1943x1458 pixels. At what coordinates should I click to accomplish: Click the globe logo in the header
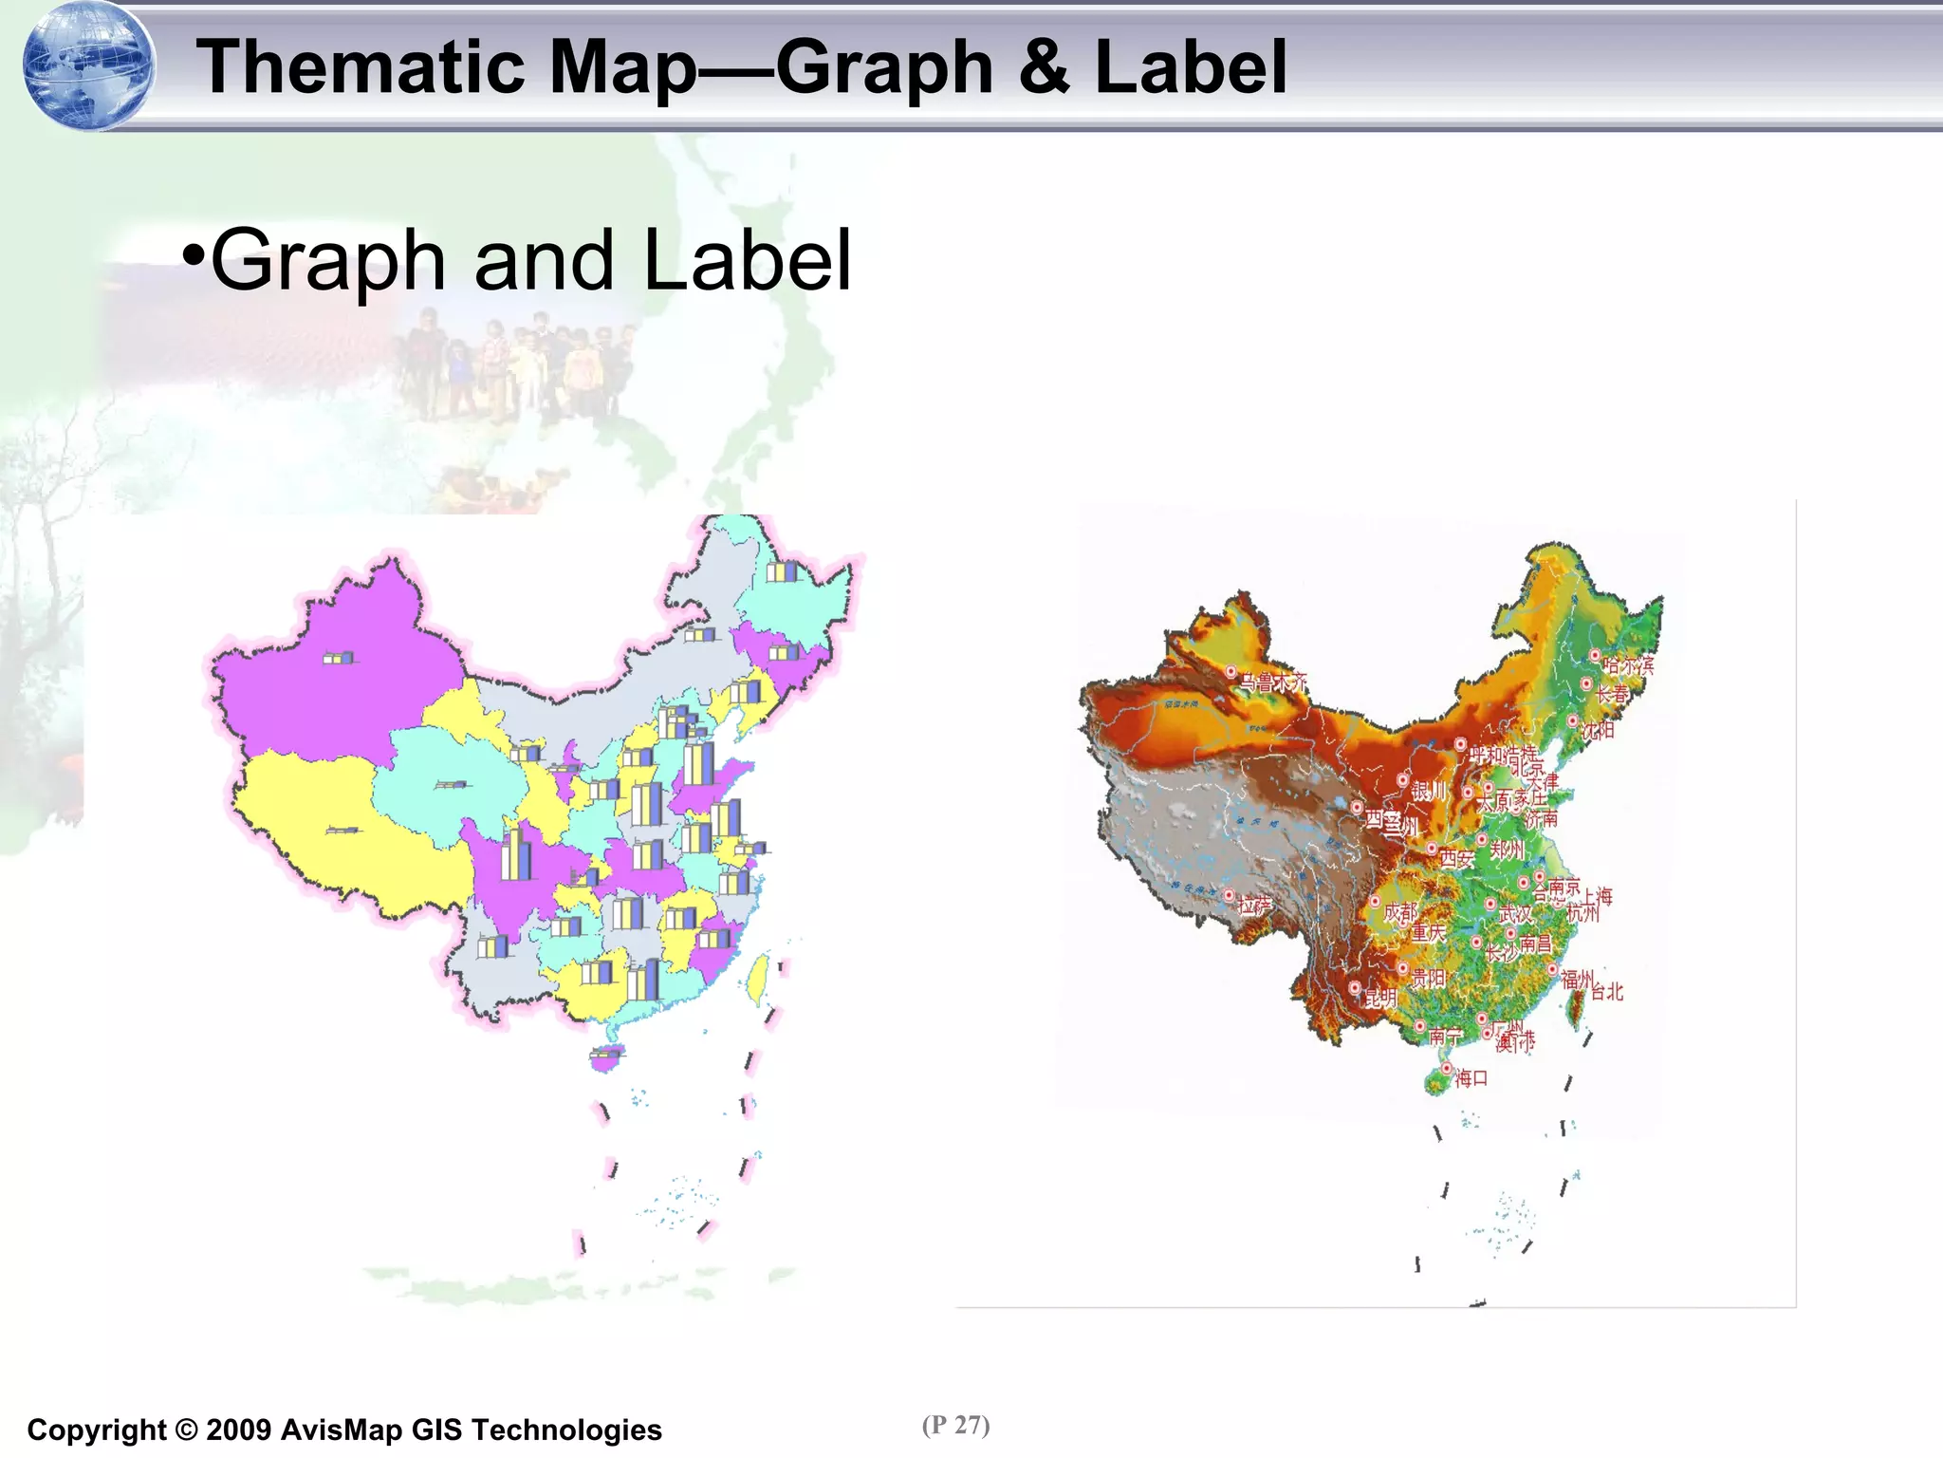pos(88,66)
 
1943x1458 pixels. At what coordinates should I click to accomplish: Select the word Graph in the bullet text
pos(327,260)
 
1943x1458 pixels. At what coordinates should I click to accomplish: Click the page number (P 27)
pos(955,1425)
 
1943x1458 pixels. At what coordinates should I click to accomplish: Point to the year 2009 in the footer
pos(238,1430)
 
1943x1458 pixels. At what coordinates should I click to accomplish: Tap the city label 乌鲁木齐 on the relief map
pos(1274,682)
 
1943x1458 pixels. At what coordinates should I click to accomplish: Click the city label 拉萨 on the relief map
pos(1254,906)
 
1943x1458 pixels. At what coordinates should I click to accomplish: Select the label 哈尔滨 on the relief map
pos(1629,665)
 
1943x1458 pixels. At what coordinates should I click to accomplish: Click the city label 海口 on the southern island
pos(1471,1078)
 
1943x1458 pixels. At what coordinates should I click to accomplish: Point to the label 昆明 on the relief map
pos(1380,997)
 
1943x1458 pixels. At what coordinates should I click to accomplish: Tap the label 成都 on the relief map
pos(1400,913)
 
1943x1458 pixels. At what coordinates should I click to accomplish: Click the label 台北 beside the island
pos(1607,992)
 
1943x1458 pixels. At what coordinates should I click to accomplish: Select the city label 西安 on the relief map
pos(1457,858)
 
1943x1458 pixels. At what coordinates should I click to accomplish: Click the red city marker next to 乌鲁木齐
pos(1231,672)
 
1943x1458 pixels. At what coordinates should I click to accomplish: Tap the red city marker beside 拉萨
pos(1229,895)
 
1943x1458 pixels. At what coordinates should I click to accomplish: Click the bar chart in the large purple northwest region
pos(339,658)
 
